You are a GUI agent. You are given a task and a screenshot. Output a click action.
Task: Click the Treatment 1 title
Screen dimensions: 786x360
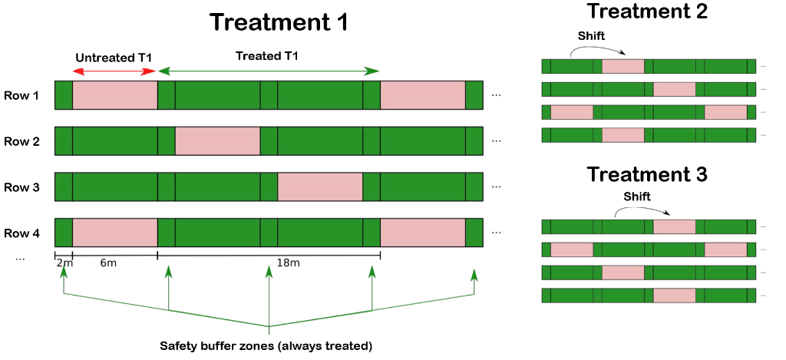[278, 22]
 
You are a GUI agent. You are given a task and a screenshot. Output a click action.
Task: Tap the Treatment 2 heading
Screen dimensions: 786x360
[646, 11]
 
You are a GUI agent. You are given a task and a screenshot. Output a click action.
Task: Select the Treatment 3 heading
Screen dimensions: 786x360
[646, 174]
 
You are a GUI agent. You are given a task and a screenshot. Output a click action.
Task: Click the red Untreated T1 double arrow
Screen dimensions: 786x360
[115, 71]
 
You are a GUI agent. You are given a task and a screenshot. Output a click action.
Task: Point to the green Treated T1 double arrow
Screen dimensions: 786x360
[268, 71]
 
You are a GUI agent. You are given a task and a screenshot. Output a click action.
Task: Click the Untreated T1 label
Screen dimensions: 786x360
[114, 58]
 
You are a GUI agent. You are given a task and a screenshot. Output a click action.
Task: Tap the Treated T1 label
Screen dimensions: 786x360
[267, 56]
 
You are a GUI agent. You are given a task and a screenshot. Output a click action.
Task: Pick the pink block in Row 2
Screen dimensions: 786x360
[217, 141]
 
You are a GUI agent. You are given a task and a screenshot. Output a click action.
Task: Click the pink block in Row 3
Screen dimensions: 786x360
[320, 187]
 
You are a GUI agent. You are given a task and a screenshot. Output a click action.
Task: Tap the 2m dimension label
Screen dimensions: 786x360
[64, 264]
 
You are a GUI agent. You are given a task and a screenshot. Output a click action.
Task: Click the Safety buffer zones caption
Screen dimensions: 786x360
[266, 345]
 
